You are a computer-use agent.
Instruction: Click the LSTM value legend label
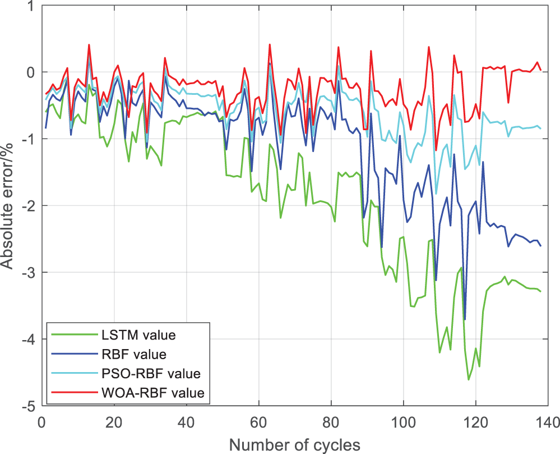pos(138,336)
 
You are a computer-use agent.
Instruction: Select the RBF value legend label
pos(135,355)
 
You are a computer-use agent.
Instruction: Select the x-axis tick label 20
pos(114,422)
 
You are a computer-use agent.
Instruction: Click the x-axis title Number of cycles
pos(294,444)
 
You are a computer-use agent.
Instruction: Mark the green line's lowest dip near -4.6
pos(469,380)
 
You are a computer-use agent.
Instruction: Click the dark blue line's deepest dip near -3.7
pos(465,319)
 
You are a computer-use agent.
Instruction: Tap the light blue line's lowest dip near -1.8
pos(436,194)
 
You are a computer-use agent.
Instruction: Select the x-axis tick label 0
pos(41,422)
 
